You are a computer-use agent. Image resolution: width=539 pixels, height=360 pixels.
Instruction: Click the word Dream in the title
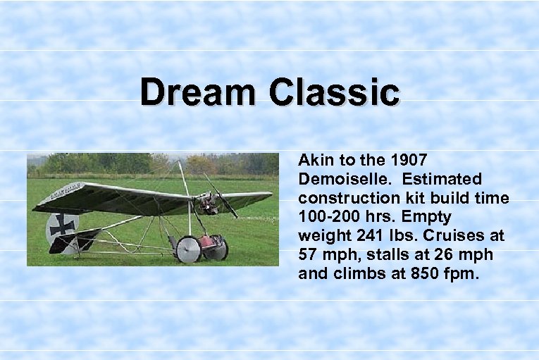point(198,93)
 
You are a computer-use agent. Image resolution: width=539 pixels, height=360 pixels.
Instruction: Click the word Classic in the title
point(333,93)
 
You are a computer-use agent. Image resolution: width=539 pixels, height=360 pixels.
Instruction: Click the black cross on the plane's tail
point(62,225)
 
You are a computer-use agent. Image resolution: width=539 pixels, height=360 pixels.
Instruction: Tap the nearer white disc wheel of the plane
point(188,250)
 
